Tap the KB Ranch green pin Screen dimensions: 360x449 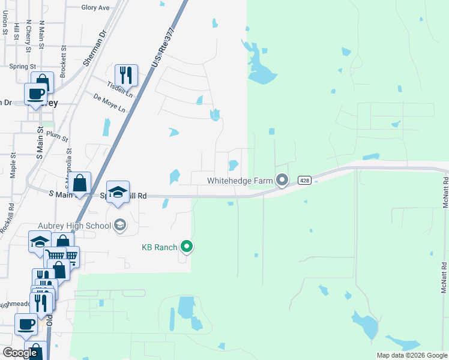tap(187, 246)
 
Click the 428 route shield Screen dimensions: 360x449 tap(304, 181)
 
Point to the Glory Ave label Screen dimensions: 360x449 tap(95, 8)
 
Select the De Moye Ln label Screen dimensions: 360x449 tap(109, 103)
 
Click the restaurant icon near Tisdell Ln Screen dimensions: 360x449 tap(126, 75)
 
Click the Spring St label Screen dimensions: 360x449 tap(23, 67)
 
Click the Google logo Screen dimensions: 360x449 tap(20, 353)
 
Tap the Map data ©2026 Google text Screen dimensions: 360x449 tap(412, 355)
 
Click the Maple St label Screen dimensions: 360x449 tap(13, 164)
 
